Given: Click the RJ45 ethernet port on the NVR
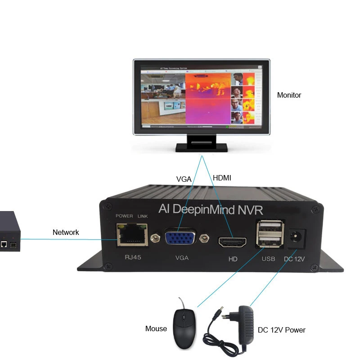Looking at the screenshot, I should (x=132, y=235).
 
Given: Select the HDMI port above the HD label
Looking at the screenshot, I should (x=232, y=243).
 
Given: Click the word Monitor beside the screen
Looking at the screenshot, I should (x=289, y=95).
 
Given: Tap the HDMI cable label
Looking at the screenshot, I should (x=222, y=178).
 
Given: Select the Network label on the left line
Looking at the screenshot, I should (x=66, y=233).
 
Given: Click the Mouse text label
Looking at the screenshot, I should (x=156, y=329).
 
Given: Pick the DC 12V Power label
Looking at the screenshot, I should (x=282, y=330).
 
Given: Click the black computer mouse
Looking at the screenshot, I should (x=184, y=328).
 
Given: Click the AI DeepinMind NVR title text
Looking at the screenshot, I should (x=211, y=209).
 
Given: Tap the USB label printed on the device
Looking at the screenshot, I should (x=268, y=258).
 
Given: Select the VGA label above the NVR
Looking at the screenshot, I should (x=184, y=179).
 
